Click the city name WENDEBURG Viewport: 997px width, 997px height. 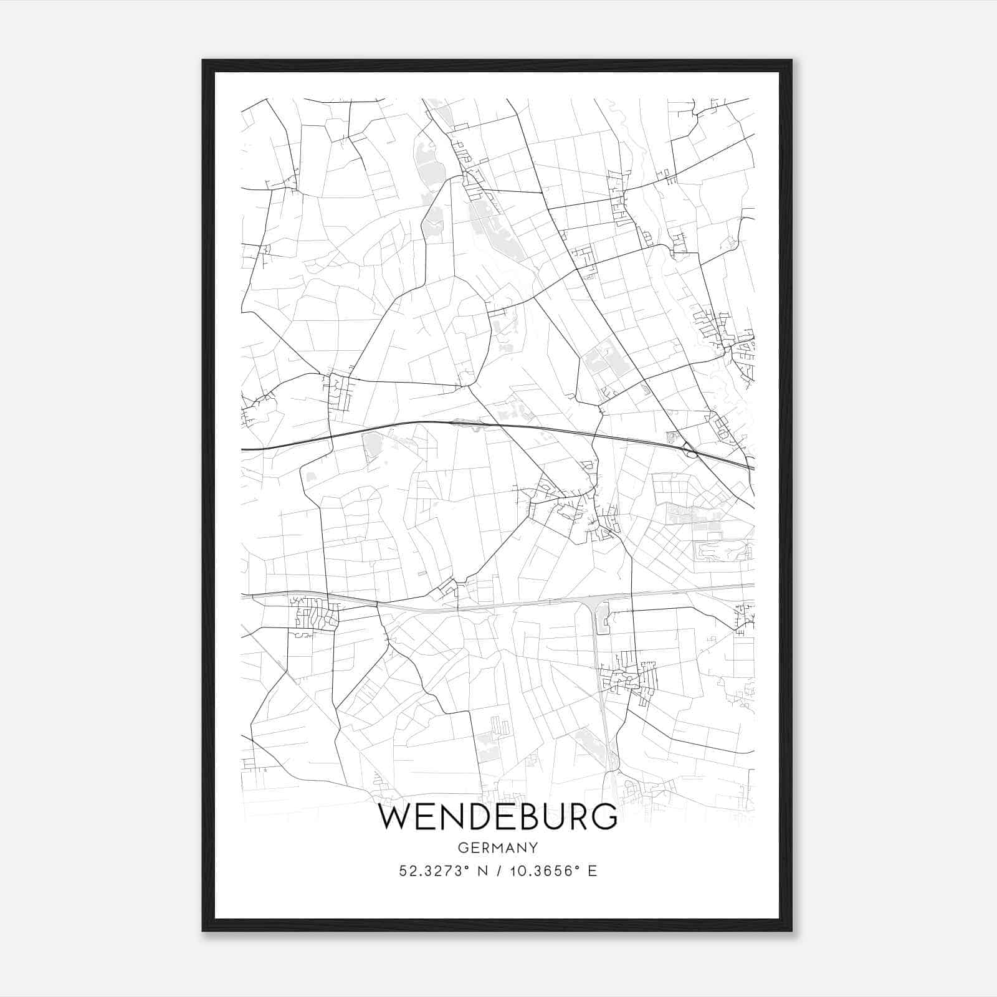coord(498,818)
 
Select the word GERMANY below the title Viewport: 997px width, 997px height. coord(498,847)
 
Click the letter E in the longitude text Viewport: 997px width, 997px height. coord(593,871)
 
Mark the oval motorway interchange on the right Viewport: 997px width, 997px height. coord(690,449)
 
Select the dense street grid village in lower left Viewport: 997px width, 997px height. coord(316,613)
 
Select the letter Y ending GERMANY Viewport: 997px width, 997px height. coord(533,847)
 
